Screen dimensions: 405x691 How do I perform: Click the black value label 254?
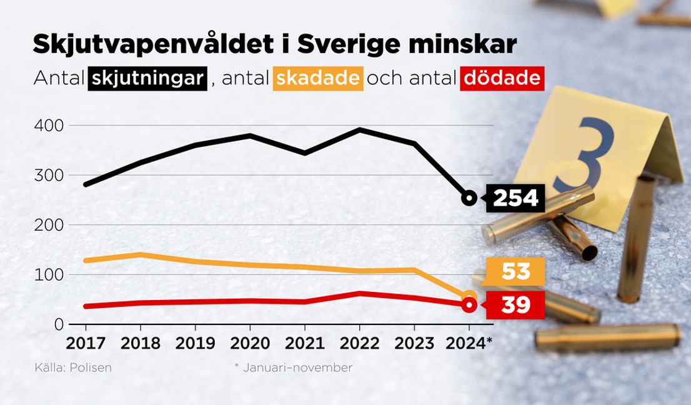[515, 198]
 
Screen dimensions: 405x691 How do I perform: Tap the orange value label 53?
[515, 272]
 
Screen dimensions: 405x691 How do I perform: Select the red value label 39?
[515, 305]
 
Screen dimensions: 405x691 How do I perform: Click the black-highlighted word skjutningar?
[148, 79]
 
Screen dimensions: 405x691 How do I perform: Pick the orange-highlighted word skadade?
[318, 79]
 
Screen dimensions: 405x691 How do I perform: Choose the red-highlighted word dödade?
[500, 79]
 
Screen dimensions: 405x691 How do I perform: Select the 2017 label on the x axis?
[86, 342]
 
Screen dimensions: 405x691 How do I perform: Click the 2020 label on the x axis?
[250, 342]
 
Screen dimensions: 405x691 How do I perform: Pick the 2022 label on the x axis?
[359, 342]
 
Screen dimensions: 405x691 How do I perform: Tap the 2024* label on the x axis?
[471, 342]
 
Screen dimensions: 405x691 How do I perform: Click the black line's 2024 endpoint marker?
[469, 198]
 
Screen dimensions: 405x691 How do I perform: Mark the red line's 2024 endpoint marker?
[469, 305]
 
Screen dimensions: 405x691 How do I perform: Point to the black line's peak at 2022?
[359, 130]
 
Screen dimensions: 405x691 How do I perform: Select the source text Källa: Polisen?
[73, 367]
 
